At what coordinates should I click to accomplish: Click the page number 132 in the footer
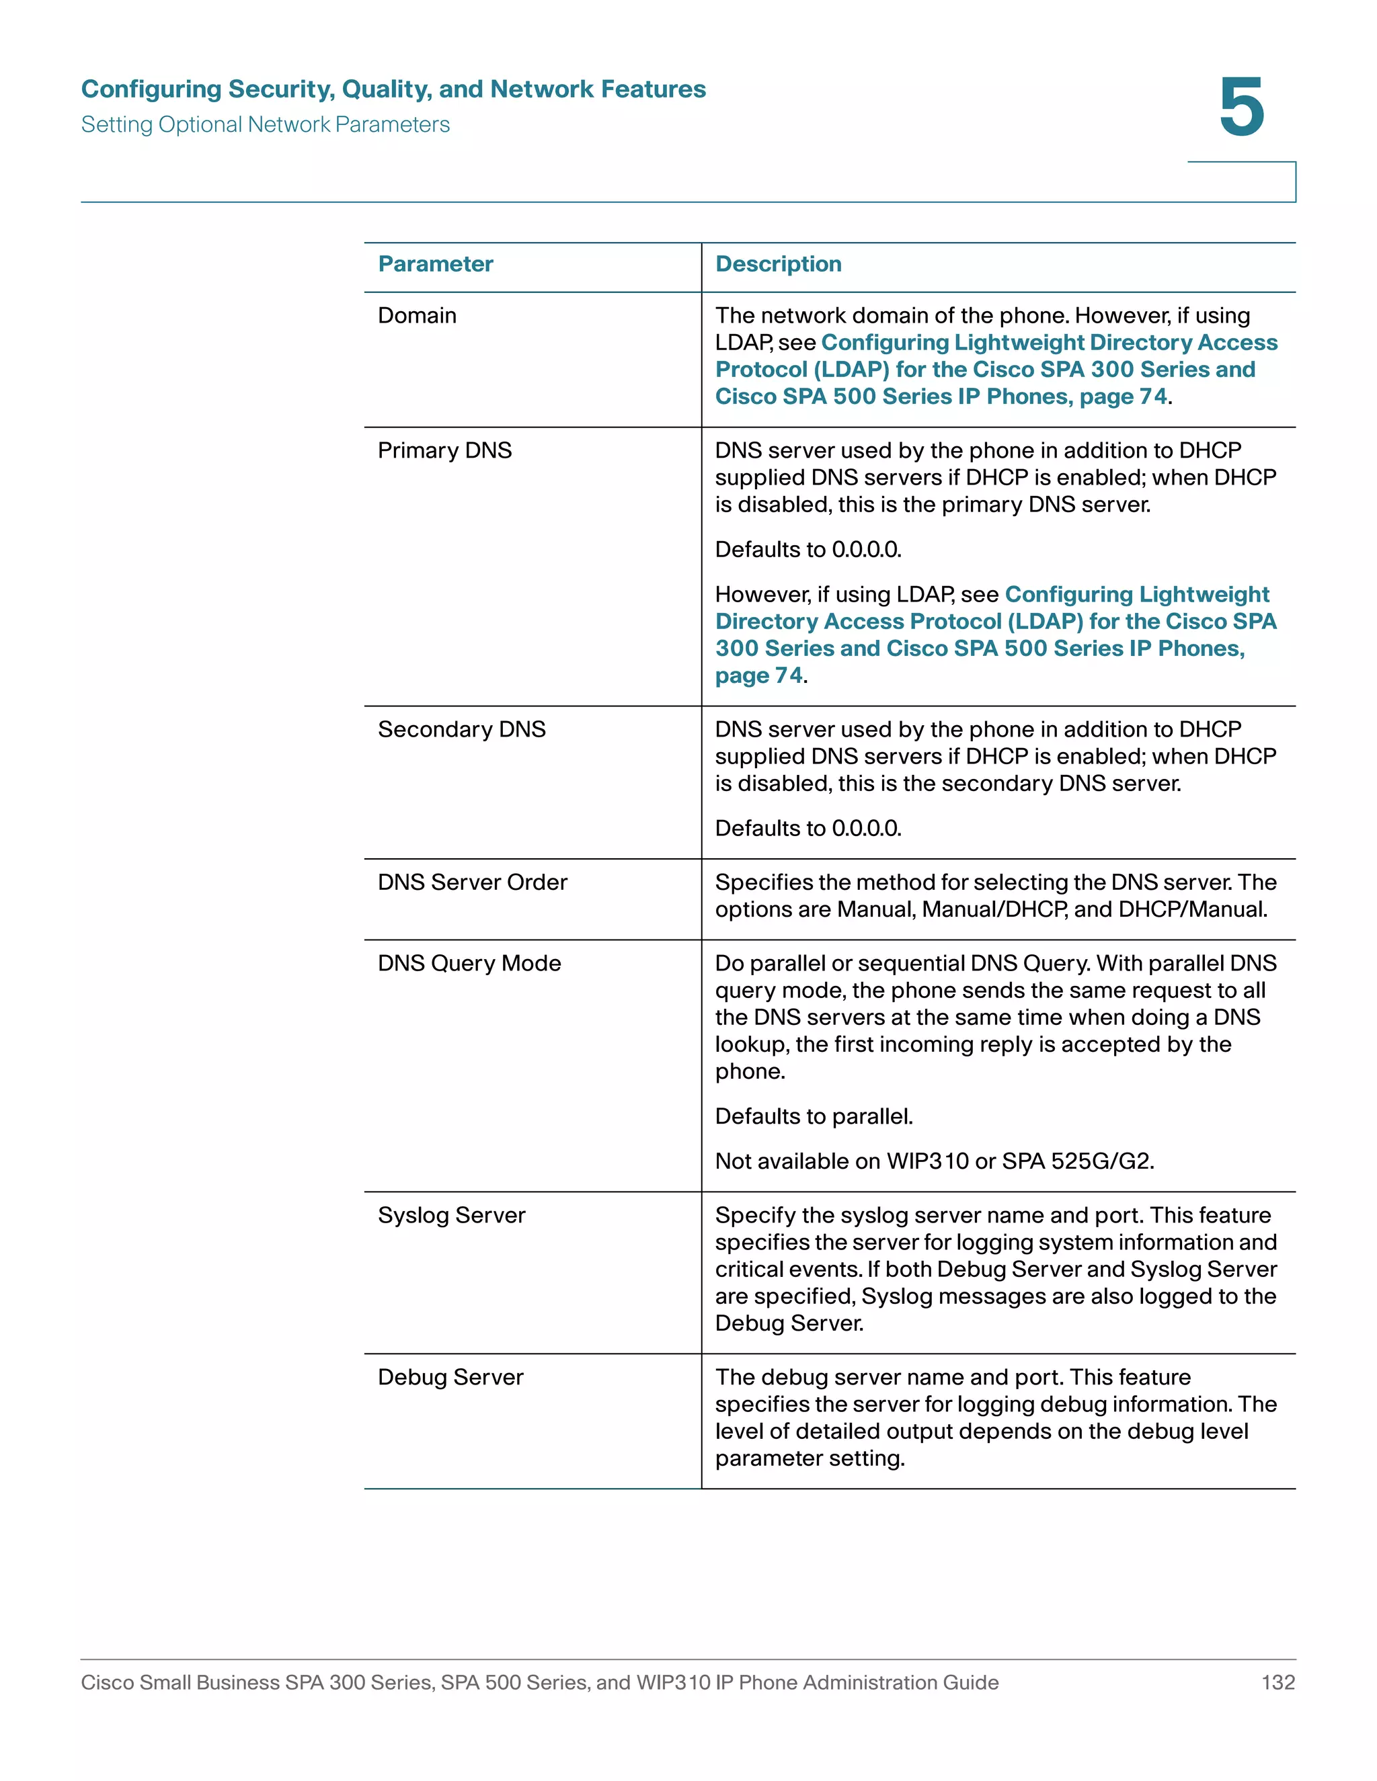(1277, 1682)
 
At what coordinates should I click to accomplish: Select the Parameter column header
(436, 264)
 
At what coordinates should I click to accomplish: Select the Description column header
(778, 264)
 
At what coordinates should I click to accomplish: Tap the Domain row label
(417, 316)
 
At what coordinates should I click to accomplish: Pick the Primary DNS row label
(444, 450)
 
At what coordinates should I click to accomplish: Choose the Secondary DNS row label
(462, 729)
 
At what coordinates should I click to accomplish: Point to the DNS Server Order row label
(472, 882)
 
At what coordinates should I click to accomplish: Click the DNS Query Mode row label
(469, 963)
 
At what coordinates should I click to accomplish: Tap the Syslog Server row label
(451, 1215)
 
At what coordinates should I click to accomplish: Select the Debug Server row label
(450, 1377)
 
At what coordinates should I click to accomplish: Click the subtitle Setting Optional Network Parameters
(265, 125)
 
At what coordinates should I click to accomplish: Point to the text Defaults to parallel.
(814, 1116)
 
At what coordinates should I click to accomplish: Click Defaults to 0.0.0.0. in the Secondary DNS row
(808, 829)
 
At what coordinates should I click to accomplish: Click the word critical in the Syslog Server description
(747, 1270)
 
